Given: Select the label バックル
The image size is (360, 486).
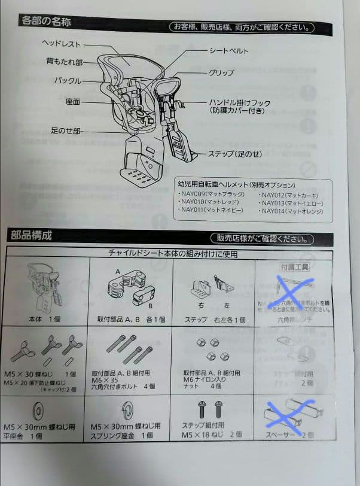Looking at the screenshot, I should pyautogui.click(x=68, y=80).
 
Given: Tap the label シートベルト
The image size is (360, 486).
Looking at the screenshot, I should pyautogui.click(x=228, y=51).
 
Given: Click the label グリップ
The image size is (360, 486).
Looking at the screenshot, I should pyautogui.click(x=221, y=73).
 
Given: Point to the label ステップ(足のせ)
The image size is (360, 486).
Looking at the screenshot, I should pyautogui.click(x=234, y=154).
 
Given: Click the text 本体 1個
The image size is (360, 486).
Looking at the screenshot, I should pyautogui.click(x=47, y=320).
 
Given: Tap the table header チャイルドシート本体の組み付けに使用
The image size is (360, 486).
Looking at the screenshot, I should pyautogui.click(x=172, y=253).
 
